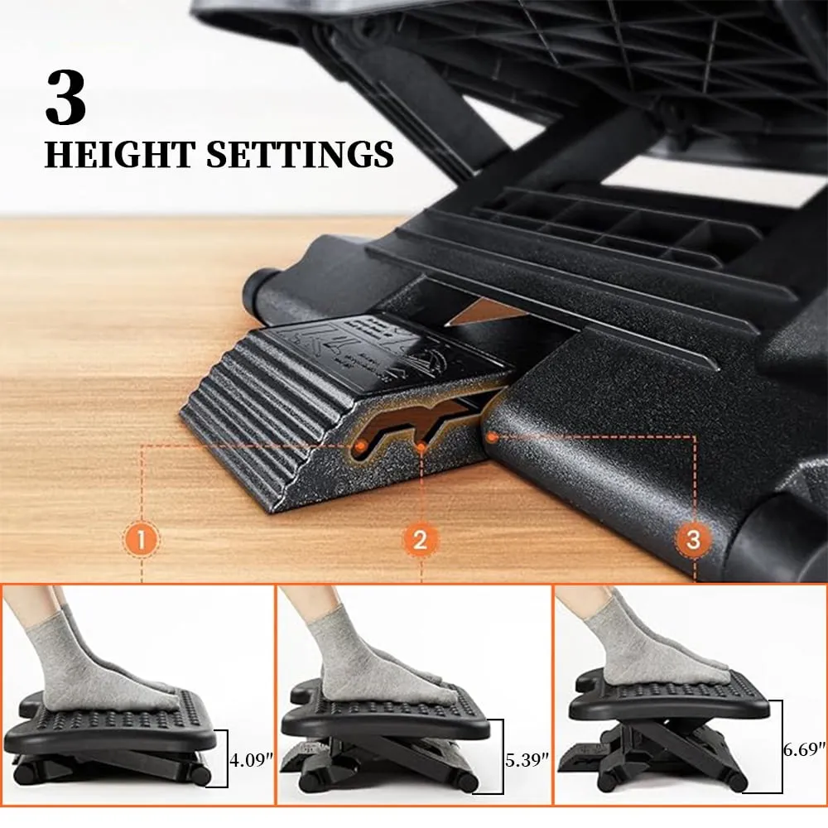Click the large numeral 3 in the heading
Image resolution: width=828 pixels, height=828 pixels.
click(x=65, y=97)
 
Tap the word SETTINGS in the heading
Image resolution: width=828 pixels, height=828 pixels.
click(x=300, y=154)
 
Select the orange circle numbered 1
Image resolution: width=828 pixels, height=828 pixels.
click(x=142, y=540)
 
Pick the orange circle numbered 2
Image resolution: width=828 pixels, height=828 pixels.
click(x=421, y=540)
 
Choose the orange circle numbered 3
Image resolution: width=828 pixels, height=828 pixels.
click(x=693, y=539)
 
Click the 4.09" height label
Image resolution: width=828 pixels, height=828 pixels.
click(x=252, y=760)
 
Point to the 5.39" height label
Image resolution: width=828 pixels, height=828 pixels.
click(x=527, y=760)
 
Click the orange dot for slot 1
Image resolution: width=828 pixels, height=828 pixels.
click(x=361, y=447)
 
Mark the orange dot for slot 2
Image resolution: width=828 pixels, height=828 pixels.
click(x=421, y=448)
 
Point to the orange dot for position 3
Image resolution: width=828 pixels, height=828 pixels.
click(x=492, y=437)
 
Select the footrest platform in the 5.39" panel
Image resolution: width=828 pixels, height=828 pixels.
click(x=386, y=713)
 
